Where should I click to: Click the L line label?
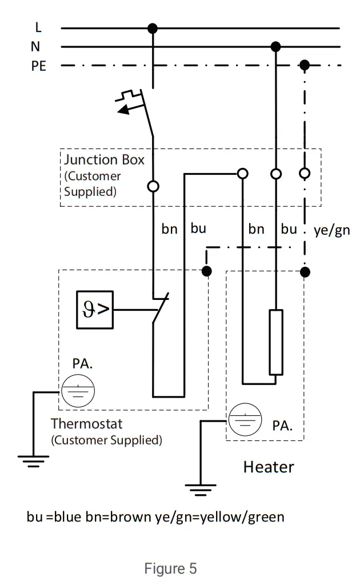point(38,27)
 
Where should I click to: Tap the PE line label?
point(38,66)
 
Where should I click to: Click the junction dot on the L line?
point(152,27)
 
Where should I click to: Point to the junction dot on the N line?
point(275,46)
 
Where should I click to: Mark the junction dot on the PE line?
point(305,66)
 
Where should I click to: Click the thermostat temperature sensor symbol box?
point(95,310)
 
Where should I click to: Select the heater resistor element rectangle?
point(275,342)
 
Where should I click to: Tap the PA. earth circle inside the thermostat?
point(78,391)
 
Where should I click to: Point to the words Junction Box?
point(104,159)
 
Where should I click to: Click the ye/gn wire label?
point(331,230)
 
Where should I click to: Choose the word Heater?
point(269,467)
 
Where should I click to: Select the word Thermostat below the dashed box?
point(86,424)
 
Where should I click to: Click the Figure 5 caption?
point(170,569)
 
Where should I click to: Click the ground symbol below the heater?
point(201,490)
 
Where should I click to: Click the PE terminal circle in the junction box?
point(305,173)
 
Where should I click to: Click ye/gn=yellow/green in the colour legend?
point(219,517)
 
